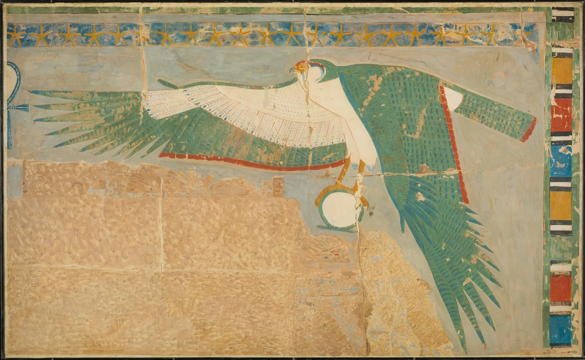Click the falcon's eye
301,65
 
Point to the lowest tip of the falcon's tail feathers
464,347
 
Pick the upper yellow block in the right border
562,71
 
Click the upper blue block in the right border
562,161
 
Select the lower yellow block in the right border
562,205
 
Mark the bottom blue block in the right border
561,330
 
